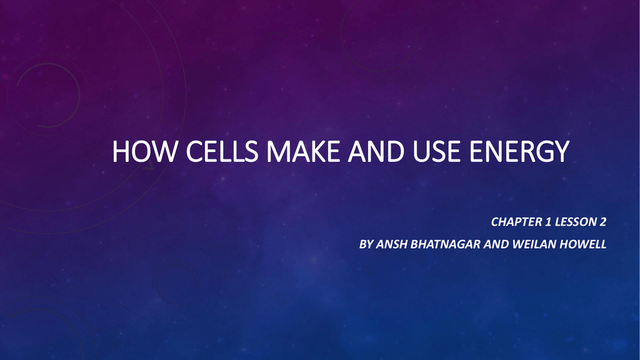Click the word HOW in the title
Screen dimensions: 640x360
145,151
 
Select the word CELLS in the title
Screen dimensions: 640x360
222,151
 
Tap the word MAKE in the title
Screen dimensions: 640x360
303,151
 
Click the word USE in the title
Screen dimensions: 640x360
436,151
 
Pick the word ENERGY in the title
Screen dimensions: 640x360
519,151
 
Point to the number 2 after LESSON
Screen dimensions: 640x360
603,222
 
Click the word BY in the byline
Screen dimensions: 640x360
366,244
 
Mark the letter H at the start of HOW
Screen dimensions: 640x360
121,151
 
